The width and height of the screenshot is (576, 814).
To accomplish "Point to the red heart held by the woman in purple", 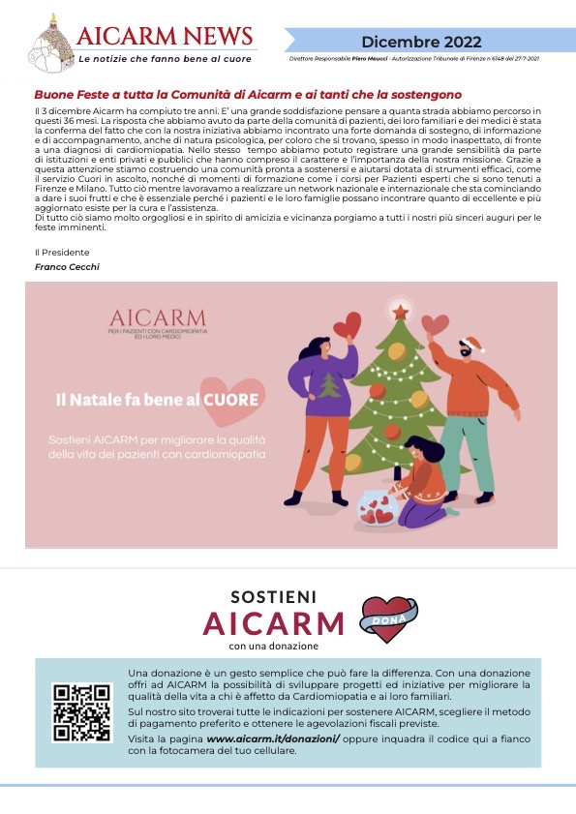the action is point(347,326).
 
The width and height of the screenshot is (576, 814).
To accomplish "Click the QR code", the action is point(81,712).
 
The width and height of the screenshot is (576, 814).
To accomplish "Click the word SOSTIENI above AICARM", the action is point(275,597).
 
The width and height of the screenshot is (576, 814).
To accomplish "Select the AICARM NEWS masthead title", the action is point(165,36).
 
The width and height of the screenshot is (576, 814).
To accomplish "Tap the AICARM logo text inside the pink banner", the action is point(157,318).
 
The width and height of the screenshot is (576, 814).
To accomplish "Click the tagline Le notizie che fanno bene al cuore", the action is point(165,59).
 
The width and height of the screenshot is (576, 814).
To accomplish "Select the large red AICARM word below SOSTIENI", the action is point(274,622).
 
